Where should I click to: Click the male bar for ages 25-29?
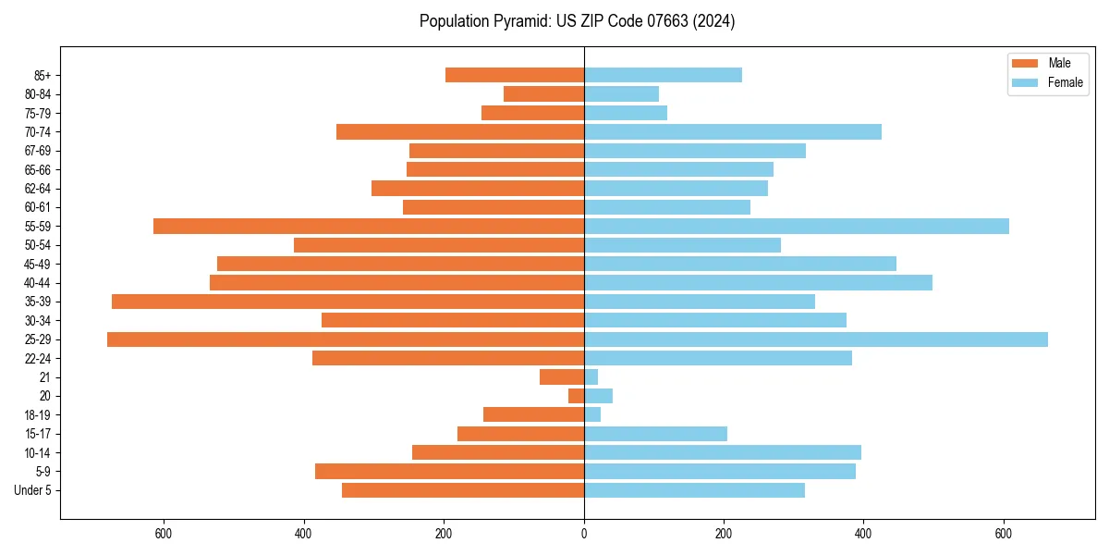346,339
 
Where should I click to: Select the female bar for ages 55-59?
797,227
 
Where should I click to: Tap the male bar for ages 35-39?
348,302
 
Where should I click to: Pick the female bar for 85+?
663,75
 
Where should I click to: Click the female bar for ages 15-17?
655,434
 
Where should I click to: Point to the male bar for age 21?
562,377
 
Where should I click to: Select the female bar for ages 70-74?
733,132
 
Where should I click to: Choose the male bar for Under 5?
463,490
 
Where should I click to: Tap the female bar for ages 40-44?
758,283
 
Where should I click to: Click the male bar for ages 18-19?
533,415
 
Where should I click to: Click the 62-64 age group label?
38,189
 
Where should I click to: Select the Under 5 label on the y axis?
33,490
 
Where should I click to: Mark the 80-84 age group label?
38,94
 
